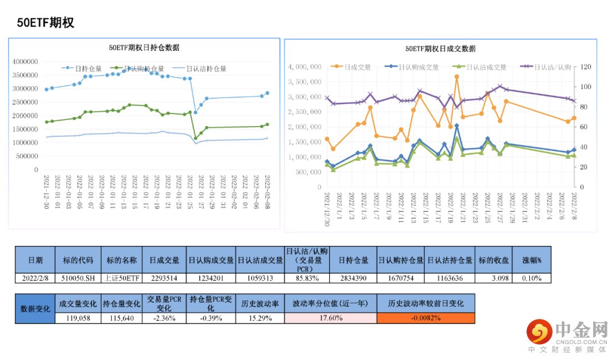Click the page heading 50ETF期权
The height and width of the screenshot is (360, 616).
click(x=45, y=23)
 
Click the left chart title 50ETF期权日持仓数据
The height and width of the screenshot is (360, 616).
click(x=144, y=47)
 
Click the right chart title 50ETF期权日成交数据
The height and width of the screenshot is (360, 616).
click(x=440, y=48)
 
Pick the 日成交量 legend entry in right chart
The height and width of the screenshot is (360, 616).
click(x=357, y=67)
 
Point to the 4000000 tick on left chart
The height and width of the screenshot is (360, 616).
click(x=25, y=62)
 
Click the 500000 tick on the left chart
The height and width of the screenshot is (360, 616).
click(x=27, y=156)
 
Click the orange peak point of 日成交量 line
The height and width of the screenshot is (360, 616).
click(x=457, y=76)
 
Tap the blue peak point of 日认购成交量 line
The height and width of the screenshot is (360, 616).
click(x=457, y=126)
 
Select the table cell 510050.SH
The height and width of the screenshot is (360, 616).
click(x=78, y=278)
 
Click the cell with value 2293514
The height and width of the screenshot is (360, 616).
click(x=165, y=278)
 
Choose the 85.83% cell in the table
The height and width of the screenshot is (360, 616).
click(x=307, y=278)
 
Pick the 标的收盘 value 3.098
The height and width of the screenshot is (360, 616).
click(x=500, y=278)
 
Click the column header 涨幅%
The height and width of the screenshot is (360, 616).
click(x=532, y=260)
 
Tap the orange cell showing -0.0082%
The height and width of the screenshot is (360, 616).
click(x=425, y=318)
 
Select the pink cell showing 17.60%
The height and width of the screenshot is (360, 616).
click(x=330, y=318)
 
